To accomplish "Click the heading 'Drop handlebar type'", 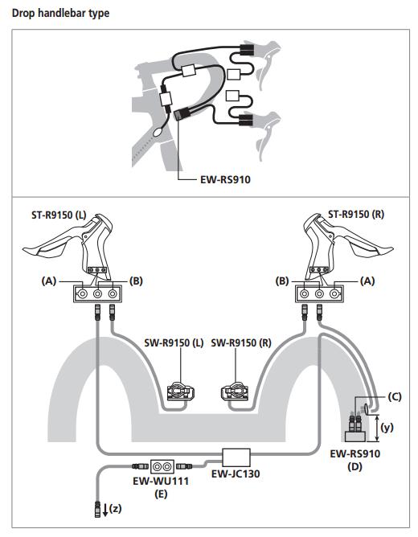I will pos(61,14).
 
